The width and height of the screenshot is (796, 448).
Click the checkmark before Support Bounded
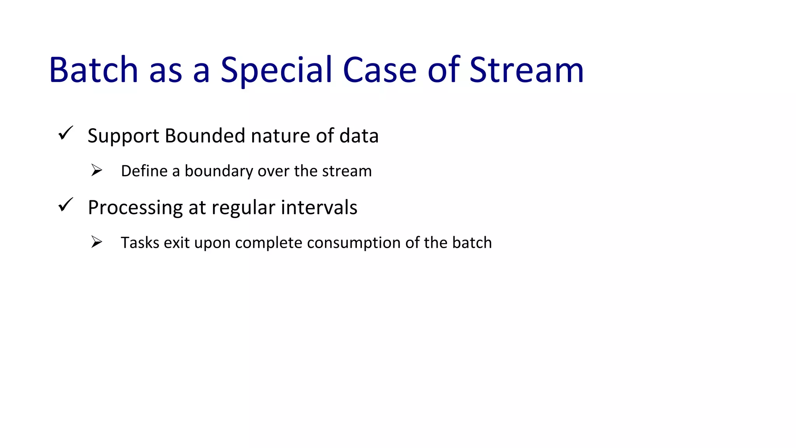click(65, 133)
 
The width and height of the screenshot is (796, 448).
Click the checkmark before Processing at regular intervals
click(65, 205)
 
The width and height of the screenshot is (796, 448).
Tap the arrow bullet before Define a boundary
click(96, 170)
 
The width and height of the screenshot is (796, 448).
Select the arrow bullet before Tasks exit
click(96, 242)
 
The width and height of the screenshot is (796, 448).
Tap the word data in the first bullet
click(359, 135)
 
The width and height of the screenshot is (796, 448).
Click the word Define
click(144, 171)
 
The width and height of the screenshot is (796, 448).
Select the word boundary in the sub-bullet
click(218, 171)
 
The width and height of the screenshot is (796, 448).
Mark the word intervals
click(319, 207)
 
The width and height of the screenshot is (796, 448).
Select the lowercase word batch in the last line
click(472, 242)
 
